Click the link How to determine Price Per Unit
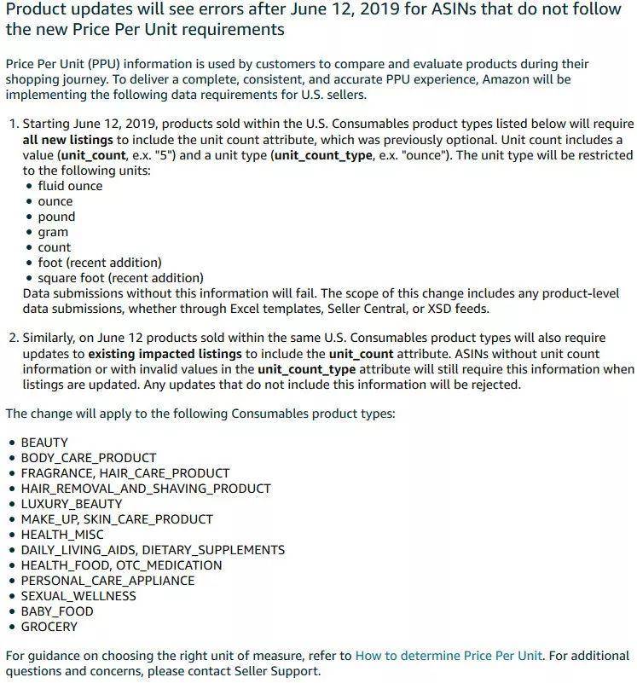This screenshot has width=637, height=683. [x=449, y=656]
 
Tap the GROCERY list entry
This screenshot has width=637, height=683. [x=49, y=627]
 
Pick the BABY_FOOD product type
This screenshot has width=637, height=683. [x=57, y=611]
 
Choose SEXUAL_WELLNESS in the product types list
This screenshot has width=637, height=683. [x=78, y=596]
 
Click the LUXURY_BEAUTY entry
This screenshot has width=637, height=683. [x=72, y=504]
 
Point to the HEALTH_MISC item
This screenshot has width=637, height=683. [x=62, y=535]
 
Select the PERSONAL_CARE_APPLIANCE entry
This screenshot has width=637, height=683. [x=107, y=581]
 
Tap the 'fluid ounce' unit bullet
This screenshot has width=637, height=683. [x=70, y=186]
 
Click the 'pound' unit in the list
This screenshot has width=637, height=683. [x=56, y=217]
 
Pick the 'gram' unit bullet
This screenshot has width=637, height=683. [x=53, y=232]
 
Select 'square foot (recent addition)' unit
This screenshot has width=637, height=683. [x=120, y=278]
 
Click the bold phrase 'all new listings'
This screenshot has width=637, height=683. [x=67, y=140]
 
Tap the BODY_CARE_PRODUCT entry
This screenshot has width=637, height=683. [x=89, y=458]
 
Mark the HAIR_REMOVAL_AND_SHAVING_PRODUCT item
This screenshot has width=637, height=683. [x=146, y=489]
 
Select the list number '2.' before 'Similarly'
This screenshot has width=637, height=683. [x=14, y=339]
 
